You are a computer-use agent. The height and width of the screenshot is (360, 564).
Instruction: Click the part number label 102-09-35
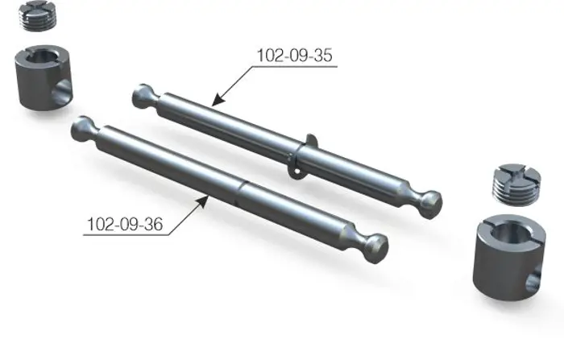295,56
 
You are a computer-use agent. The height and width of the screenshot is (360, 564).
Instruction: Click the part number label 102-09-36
125,224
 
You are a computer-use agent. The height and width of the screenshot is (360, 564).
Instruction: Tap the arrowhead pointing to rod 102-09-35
218,101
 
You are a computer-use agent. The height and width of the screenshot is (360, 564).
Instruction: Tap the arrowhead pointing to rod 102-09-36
202,201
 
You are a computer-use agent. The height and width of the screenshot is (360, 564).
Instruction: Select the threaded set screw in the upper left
37,16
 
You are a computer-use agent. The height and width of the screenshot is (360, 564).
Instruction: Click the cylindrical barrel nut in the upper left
44,77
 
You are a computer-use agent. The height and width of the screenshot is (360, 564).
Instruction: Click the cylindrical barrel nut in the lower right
509,257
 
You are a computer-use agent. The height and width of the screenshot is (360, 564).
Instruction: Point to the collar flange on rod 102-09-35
301,155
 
